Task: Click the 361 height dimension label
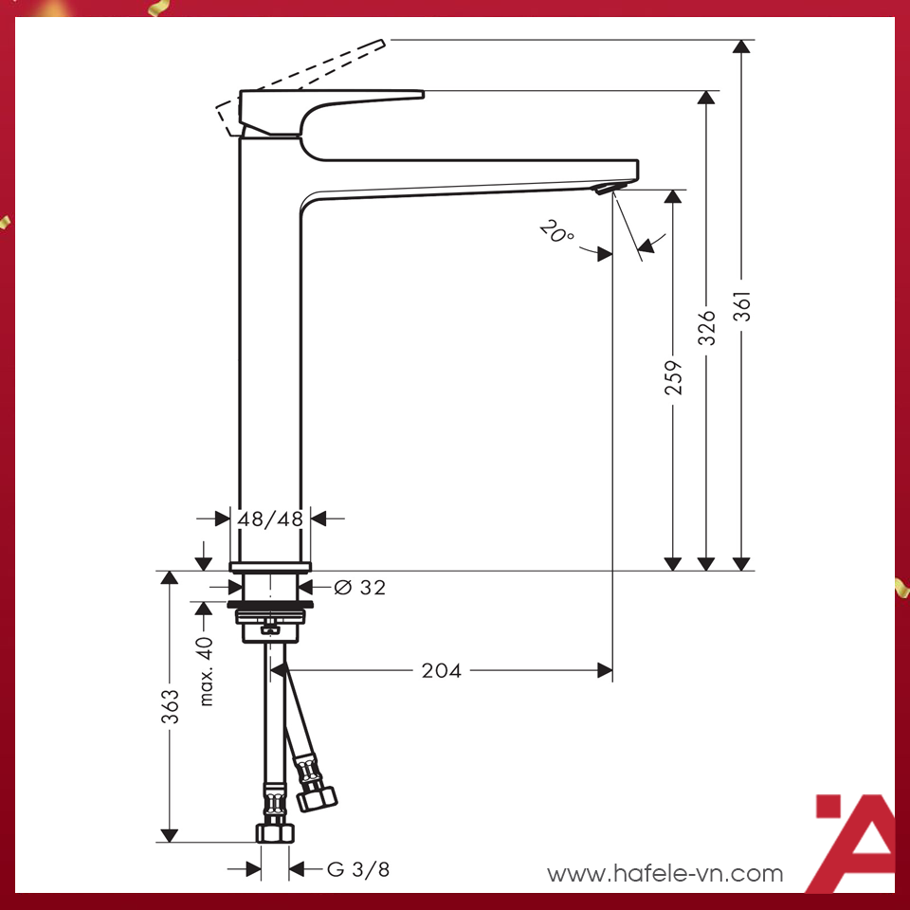[745, 305]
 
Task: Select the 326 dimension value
[706, 327]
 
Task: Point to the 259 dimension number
[673, 376]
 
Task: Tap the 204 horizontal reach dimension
[441, 671]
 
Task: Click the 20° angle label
[555, 231]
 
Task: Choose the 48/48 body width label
[270, 519]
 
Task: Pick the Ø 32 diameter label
[360, 588]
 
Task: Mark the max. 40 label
[206, 671]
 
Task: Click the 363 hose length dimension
[170, 706]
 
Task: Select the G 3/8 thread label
[358, 869]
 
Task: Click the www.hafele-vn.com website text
[665, 874]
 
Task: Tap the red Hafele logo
[853, 844]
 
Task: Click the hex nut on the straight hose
[275, 831]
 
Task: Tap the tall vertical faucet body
[269, 360]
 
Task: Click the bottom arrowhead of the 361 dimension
[743, 563]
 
